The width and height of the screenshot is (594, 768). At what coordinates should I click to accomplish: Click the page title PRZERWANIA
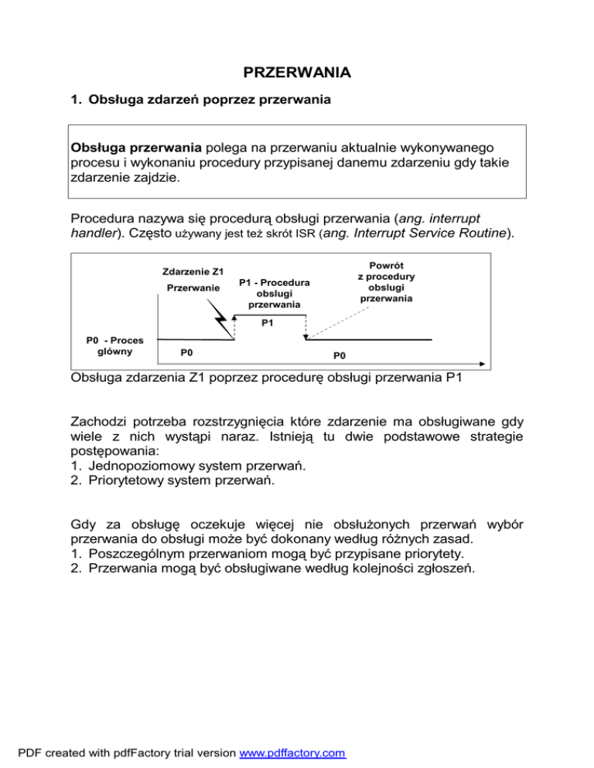click(297, 73)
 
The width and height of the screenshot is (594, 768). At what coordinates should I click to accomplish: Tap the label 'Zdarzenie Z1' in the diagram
click(193, 272)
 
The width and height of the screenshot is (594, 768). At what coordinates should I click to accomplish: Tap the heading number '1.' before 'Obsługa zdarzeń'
click(76, 100)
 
